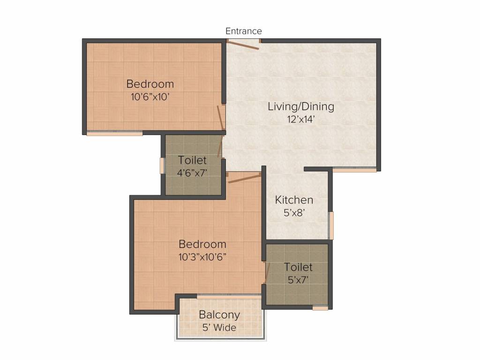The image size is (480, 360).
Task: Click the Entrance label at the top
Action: pyautogui.click(x=243, y=31)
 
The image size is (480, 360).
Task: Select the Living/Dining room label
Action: pyautogui.click(x=301, y=106)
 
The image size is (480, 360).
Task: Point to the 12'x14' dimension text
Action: pyautogui.click(x=301, y=119)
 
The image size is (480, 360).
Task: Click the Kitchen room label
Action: pyautogui.click(x=294, y=200)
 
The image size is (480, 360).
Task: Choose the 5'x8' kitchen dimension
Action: pyautogui.click(x=294, y=212)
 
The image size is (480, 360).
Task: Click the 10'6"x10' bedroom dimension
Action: pyautogui.click(x=150, y=97)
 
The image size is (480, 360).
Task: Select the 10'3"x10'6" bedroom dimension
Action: pyautogui.click(x=202, y=257)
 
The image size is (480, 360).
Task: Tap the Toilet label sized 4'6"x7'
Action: pyautogui.click(x=192, y=161)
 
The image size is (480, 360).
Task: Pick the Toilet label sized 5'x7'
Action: pyautogui.click(x=298, y=267)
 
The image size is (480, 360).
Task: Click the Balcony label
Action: pyautogui.click(x=219, y=315)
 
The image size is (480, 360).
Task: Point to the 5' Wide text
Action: pyautogui.click(x=219, y=327)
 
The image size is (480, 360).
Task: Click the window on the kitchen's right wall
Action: pyautogui.click(x=330, y=225)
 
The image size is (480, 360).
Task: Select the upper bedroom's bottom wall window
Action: pyautogui.click(x=114, y=134)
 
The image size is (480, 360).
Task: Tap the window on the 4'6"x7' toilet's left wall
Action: pyautogui.click(x=163, y=166)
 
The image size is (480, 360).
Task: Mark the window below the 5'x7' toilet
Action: pyautogui.click(x=320, y=308)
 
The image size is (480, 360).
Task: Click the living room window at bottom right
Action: pyautogui.click(x=354, y=170)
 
